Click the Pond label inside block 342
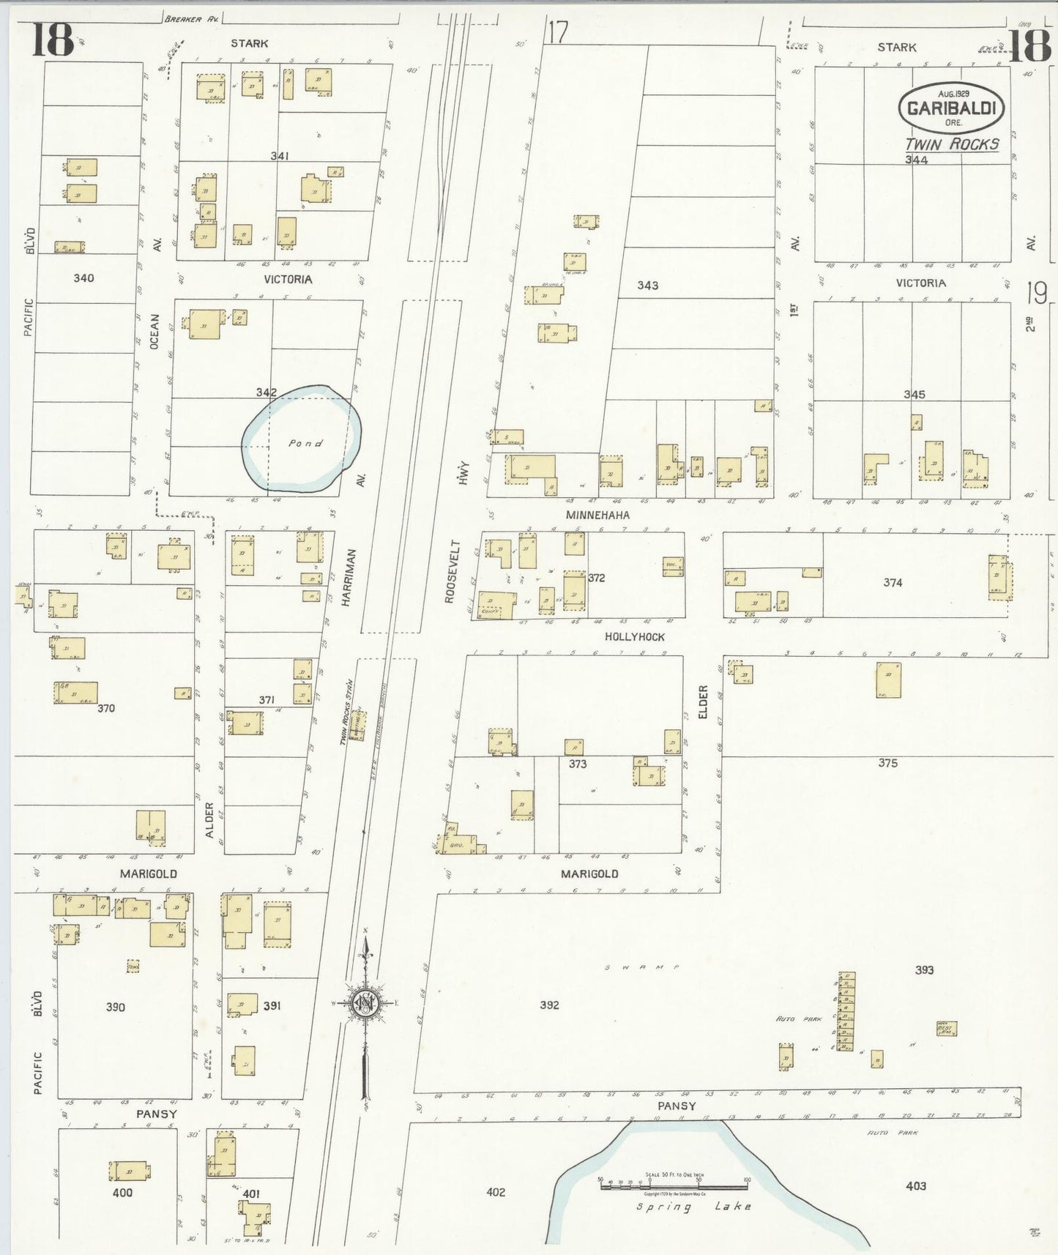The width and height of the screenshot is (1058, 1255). click(305, 443)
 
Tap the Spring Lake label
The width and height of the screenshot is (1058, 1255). click(693, 1206)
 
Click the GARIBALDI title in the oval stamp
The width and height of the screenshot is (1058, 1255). click(951, 108)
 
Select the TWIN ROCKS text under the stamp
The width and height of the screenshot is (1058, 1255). click(952, 144)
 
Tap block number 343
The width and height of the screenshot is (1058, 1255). click(647, 285)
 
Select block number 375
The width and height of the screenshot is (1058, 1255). click(887, 763)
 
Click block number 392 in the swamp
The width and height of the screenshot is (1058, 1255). click(549, 1005)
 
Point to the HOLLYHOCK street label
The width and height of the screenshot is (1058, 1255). click(635, 637)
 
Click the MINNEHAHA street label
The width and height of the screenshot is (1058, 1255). click(597, 515)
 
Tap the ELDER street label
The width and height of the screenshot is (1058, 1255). click(704, 701)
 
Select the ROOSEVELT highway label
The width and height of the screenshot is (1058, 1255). click(451, 572)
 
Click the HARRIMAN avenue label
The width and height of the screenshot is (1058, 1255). click(350, 577)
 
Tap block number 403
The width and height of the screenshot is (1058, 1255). click(915, 1185)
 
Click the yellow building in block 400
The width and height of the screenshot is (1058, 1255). click(130, 1171)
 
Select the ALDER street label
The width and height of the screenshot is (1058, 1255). click(209, 820)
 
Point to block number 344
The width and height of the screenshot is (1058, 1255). click(916, 160)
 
